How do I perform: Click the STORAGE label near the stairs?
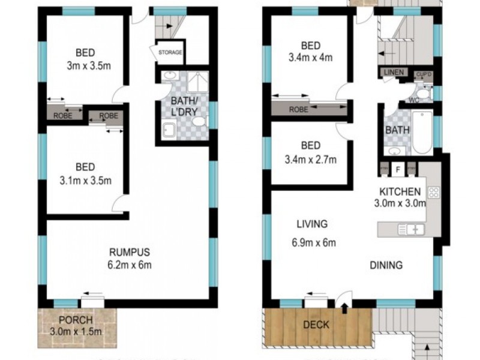coord(170,53)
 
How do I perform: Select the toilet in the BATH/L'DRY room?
coord(198,122)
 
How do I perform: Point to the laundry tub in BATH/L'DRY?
coord(169,128)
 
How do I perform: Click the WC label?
coord(413,100)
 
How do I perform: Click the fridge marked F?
coord(397,170)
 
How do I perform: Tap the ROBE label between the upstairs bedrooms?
coord(299,110)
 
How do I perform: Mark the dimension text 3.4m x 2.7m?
coord(310,160)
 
